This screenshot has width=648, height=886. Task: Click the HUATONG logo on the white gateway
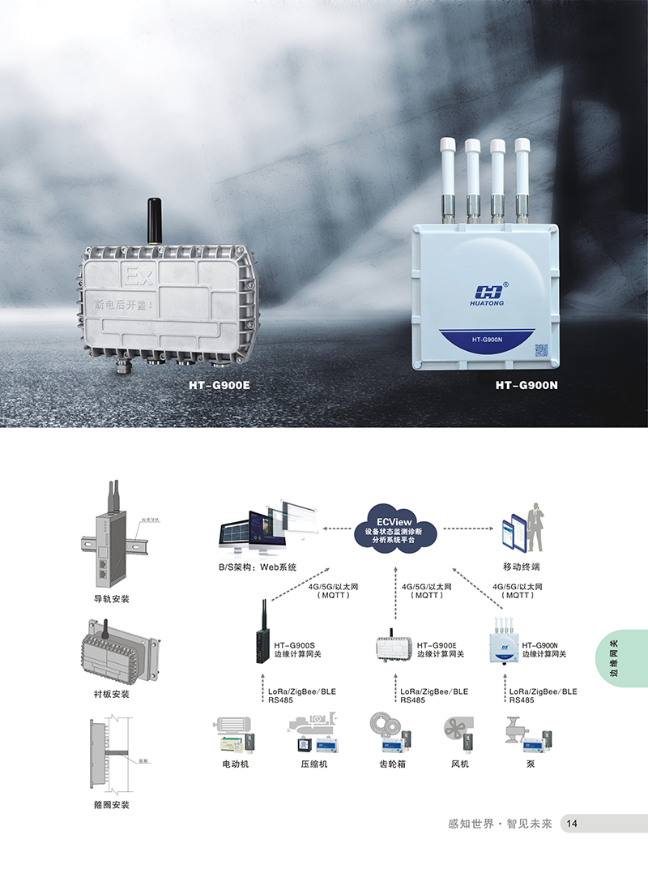[x=488, y=293]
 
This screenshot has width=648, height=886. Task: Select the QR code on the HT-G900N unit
[x=541, y=351]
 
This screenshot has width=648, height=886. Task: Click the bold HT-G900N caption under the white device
[x=526, y=385]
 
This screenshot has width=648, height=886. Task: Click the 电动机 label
[x=235, y=764]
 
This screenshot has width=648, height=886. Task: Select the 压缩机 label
[x=313, y=764]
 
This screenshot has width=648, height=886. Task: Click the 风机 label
[x=459, y=764]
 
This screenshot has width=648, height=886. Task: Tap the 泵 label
[x=530, y=764]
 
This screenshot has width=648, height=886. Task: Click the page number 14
[x=572, y=824]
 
